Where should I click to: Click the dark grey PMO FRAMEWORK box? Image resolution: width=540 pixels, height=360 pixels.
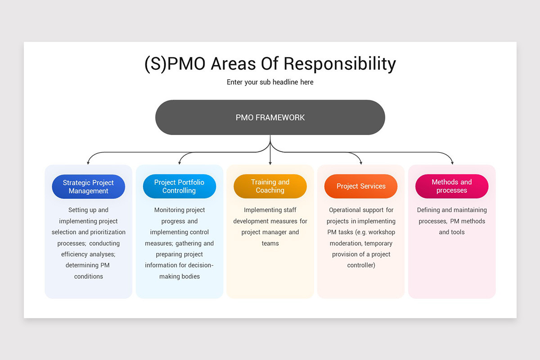(x=270, y=117)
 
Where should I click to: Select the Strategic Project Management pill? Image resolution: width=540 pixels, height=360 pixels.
(x=89, y=187)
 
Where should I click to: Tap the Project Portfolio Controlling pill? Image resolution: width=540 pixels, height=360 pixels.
(x=180, y=186)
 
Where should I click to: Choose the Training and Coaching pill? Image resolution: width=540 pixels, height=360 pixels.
(x=270, y=186)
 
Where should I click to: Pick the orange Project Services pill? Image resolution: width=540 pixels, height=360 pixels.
(x=361, y=186)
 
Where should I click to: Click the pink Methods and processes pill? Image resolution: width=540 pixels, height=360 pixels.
(x=452, y=186)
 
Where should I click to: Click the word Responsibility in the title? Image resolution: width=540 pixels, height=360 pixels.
(x=340, y=64)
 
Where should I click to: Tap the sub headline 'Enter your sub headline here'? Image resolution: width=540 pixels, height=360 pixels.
(x=270, y=82)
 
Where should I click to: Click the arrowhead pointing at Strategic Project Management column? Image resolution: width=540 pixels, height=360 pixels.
(x=88, y=163)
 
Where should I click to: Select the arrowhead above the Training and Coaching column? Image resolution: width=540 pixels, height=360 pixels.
(x=270, y=163)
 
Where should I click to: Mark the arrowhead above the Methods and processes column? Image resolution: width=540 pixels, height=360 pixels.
(x=452, y=163)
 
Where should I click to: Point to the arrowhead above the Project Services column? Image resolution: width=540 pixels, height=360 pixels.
(x=361, y=163)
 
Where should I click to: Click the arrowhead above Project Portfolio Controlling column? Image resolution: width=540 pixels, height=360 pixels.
(x=180, y=163)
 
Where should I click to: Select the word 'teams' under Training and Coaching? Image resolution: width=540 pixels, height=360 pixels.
(x=270, y=243)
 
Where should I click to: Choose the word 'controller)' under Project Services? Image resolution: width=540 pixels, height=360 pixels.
(x=361, y=265)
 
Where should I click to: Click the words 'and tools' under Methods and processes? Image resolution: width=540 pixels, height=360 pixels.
(x=452, y=232)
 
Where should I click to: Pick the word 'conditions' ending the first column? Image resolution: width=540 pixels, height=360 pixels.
(x=89, y=276)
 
